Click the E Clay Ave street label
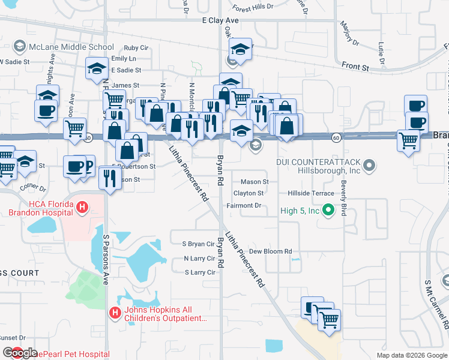pyautogui.click(x=220, y=20)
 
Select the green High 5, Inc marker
pyautogui.click(x=328, y=210)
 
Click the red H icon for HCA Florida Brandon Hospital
pyautogui.click(x=83, y=208)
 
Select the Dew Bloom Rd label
pyautogui.click(x=270, y=251)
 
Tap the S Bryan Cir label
pyautogui.click(x=198, y=244)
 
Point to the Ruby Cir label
pyautogui.click(x=136, y=47)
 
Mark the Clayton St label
pyautogui.click(x=249, y=193)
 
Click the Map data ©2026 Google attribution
pyautogui.click(x=411, y=355)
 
